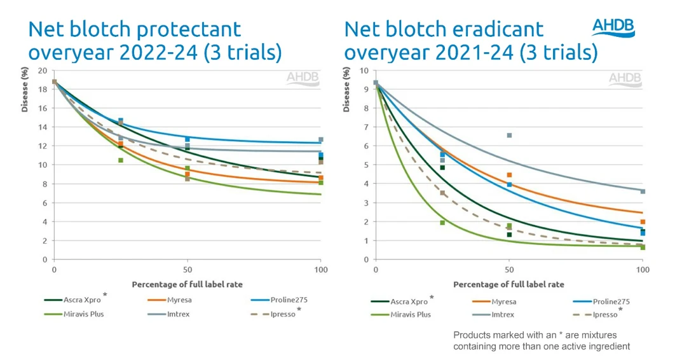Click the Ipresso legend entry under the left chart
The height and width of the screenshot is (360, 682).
pyautogui.click(x=280, y=314)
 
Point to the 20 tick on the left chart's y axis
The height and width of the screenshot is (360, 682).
pyautogui.click(x=41, y=71)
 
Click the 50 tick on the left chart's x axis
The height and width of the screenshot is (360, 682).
pyautogui.click(x=188, y=270)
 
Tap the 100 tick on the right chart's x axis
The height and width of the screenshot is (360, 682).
pyautogui.click(x=643, y=270)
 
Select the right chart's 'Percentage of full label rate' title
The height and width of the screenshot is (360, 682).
pyautogui.click(x=508, y=284)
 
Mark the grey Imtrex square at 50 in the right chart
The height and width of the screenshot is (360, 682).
pyautogui.click(x=509, y=135)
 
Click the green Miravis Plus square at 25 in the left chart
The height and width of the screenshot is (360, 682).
pyautogui.click(x=120, y=160)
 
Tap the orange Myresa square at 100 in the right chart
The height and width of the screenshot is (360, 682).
pyautogui.click(x=643, y=222)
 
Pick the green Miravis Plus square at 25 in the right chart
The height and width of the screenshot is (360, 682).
pyautogui.click(x=442, y=223)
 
